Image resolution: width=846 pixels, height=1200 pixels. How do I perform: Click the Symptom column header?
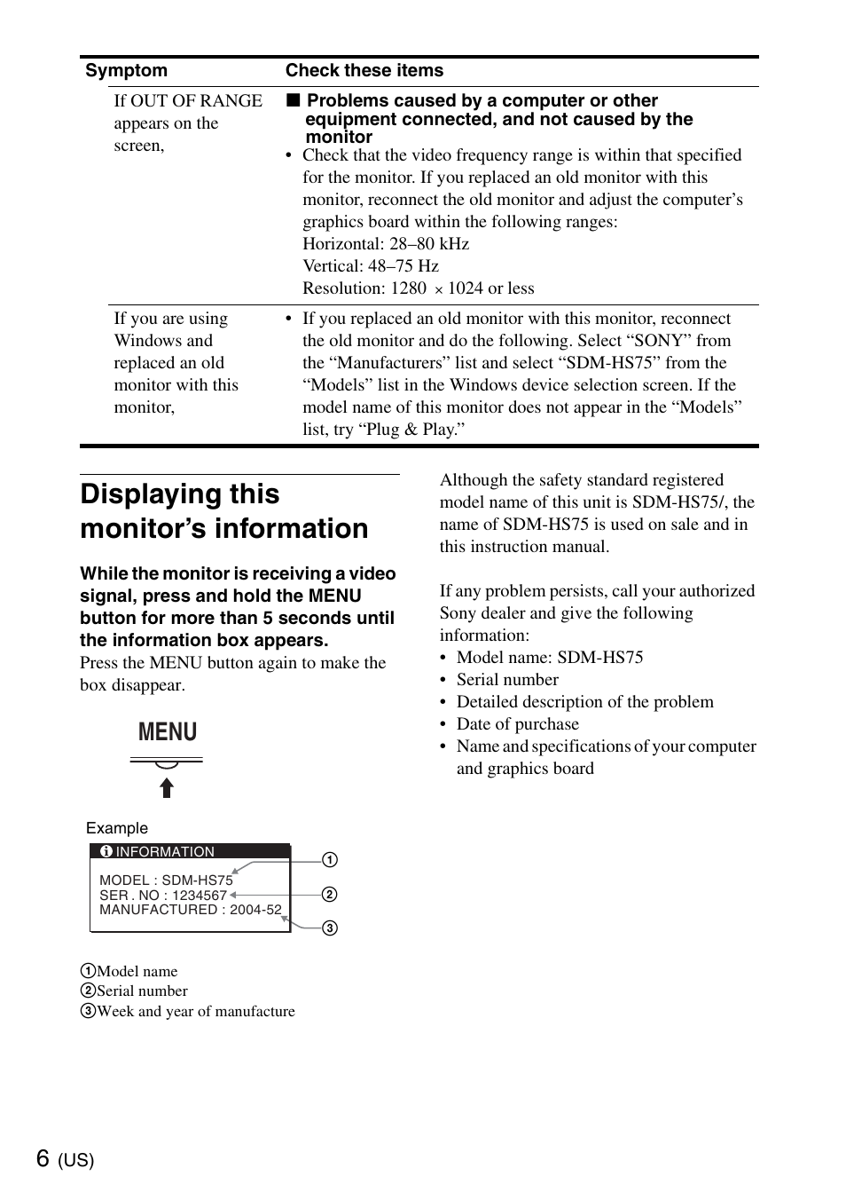point(126,71)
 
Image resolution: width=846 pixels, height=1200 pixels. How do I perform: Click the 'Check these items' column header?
point(364,71)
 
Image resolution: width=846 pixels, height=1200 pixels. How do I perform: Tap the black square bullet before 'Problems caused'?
point(293,100)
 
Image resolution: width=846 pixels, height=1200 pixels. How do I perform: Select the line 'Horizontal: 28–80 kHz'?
point(385,244)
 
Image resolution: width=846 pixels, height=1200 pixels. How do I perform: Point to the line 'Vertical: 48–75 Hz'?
point(370,266)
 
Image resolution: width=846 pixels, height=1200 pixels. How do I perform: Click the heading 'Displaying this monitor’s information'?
point(223,511)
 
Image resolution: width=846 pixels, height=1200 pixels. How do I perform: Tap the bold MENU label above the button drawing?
point(168,732)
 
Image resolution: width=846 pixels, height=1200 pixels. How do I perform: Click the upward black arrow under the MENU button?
point(167,788)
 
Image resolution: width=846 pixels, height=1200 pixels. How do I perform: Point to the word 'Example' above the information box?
point(117,828)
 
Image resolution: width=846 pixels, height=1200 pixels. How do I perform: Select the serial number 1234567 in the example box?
point(200,896)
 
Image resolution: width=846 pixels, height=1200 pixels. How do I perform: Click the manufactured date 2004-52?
point(255,910)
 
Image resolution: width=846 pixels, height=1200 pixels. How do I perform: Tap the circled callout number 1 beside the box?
point(330,860)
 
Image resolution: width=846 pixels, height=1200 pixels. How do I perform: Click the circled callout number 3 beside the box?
point(330,928)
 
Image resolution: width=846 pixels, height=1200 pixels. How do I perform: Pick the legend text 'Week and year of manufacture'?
point(196,1012)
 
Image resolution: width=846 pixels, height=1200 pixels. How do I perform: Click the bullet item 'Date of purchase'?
point(517,724)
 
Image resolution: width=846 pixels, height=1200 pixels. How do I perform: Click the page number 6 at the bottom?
point(43,1158)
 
